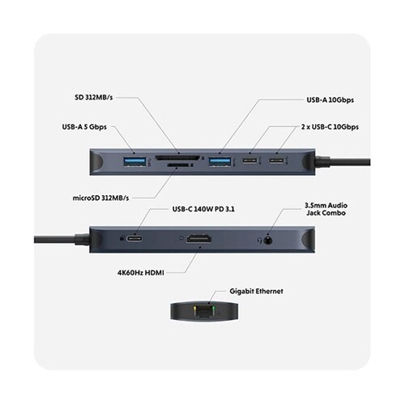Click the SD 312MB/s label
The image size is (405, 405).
click(x=94, y=97)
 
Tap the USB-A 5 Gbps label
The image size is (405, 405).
click(x=84, y=126)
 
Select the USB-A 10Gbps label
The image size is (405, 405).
click(x=330, y=100)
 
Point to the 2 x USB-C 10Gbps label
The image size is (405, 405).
click(x=330, y=126)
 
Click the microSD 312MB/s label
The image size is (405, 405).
click(x=100, y=198)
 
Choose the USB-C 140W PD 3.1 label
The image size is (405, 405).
click(x=203, y=209)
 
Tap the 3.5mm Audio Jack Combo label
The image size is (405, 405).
click(x=326, y=209)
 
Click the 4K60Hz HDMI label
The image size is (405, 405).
click(x=141, y=273)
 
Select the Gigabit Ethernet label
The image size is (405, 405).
click(x=256, y=292)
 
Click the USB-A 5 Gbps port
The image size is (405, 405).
click(x=134, y=161)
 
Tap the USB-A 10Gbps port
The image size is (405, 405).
click(x=220, y=161)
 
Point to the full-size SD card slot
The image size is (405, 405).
click(x=177, y=157)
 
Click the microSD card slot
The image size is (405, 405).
click(x=177, y=164)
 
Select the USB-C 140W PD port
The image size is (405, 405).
click(x=134, y=239)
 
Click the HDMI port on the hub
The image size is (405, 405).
click(x=198, y=239)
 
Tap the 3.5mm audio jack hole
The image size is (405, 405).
click(x=267, y=240)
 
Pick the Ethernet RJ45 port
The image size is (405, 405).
click(x=204, y=312)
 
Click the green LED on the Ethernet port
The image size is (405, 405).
click(x=214, y=308)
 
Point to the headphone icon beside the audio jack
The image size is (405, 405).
click(x=260, y=240)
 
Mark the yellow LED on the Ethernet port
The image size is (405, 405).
click(x=194, y=308)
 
